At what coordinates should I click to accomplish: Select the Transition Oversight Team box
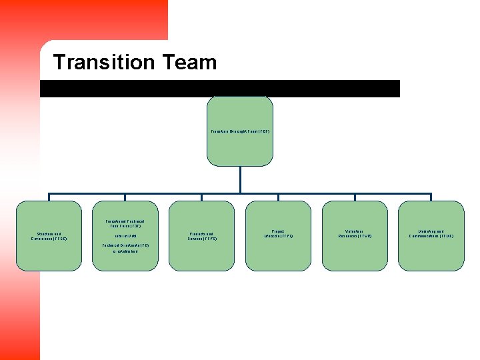pos(240,150)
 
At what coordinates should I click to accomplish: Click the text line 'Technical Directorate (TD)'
pos(125,245)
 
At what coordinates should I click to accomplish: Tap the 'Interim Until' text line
pos(125,235)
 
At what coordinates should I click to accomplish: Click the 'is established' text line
pos(125,252)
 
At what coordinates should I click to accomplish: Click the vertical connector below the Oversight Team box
pos(240,179)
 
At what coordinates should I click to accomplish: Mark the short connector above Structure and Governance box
pos(49,197)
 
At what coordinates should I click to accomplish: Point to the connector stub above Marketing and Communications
pos(431,197)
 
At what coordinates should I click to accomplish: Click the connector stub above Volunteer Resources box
pos(355,197)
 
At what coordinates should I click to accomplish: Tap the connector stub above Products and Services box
pos(201,197)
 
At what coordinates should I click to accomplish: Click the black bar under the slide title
pos(220,89)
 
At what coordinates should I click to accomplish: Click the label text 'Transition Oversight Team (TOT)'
pos(240,131)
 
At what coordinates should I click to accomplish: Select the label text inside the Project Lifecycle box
pos(278,234)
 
